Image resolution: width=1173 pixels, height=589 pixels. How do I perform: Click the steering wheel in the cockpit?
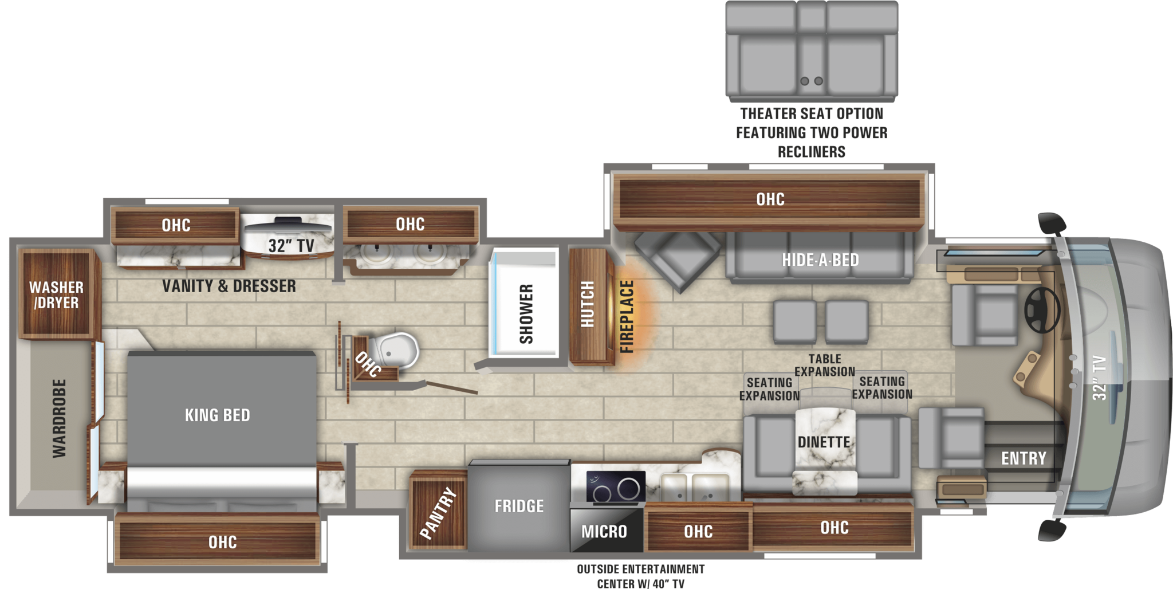[1042, 310]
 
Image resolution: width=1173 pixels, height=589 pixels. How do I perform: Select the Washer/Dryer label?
[56, 294]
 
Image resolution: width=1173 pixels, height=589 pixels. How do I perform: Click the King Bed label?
[218, 415]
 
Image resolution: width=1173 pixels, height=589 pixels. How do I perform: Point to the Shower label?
[526, 313]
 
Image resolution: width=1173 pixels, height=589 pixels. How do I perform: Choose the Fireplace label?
[627, 316]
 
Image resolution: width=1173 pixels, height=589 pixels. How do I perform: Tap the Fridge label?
[519, 506]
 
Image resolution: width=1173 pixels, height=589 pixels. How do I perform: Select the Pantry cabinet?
[439, 510]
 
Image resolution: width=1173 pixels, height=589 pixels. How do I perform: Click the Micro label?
[604, 532]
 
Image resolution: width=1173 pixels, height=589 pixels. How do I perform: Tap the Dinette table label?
[824, 442]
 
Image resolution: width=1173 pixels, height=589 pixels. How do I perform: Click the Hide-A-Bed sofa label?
[820, 260]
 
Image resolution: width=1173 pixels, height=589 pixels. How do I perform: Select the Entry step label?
[1024, 458]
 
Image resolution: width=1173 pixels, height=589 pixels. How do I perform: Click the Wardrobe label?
[60, 418]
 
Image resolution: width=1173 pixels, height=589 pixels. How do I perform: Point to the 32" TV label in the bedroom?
[291, 246]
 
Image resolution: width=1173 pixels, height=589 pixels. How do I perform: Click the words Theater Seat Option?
[812, 113]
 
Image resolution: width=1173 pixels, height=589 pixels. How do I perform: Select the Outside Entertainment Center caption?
[641, 576]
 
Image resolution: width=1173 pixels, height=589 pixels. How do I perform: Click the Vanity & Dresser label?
[229, 286]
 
